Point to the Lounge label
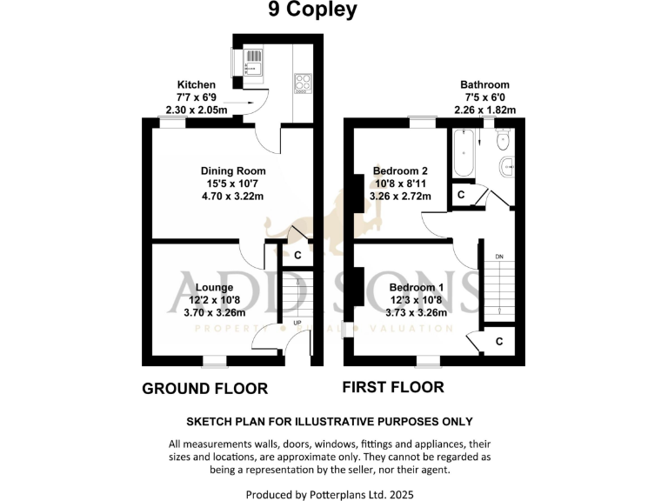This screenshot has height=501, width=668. point(214,287)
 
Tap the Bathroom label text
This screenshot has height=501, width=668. point(484,85)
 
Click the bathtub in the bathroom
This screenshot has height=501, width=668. point(462,155)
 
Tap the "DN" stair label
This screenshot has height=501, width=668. point(498,257)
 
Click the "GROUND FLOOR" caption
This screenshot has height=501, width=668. point(204,389)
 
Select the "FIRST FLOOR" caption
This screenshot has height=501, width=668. point(393,387)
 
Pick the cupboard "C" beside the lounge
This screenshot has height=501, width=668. point(298,256)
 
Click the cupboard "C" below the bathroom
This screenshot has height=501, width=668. point(461,196)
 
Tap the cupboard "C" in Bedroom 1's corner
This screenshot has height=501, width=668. point(499,342)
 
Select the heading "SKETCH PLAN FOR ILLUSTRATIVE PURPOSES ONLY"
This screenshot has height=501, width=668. point(334,422)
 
